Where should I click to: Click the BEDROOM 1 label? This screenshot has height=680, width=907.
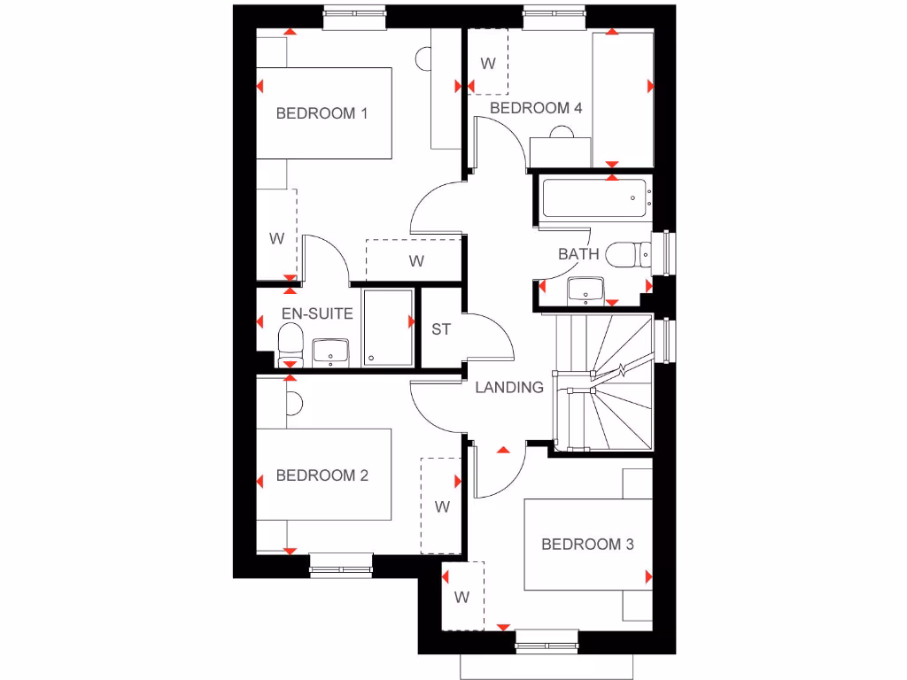(322, 113)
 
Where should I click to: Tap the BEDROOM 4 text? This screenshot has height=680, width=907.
(536, 108)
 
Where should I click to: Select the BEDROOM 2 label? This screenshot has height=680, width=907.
(322, 475)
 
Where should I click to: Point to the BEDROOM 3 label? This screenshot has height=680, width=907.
(587, 545)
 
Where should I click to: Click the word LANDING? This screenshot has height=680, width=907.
(509, 387)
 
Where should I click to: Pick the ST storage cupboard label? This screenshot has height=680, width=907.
(441, 329)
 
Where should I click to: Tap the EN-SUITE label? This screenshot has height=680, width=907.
(317, 313)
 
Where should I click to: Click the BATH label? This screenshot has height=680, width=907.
(578, 254)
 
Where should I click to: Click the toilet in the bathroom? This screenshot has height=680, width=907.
(626, 254)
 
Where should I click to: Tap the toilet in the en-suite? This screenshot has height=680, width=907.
(290, 342)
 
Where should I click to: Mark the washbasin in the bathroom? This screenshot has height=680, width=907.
(585, 289)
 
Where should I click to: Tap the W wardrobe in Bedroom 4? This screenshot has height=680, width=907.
(487, 63)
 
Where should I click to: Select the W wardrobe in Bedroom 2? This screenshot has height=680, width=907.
(442, 507)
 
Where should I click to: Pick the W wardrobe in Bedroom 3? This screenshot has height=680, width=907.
(462, 597)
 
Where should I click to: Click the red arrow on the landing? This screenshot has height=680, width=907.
(503, 450)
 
